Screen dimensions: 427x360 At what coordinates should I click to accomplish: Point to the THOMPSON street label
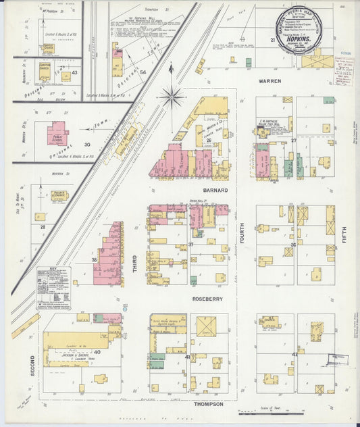click(x=209, y=403)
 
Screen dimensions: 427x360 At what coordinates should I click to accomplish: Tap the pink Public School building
click(x=57, y=133)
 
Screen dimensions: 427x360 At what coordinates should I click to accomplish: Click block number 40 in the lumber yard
click(x=97, y=352)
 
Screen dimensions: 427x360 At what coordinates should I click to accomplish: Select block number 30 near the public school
click(x=86, y=145)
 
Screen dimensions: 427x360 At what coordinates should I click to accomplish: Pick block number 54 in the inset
click(x=143, y=71)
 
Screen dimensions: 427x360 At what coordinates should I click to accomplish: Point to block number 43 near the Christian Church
click(x=74, y=72)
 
